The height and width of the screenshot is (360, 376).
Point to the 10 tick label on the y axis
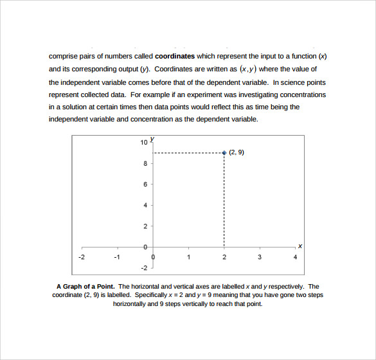point(144,142)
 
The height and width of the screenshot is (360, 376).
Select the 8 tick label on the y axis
point(145,163)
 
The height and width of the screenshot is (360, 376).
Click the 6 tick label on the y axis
point(145,184)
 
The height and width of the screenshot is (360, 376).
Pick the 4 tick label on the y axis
point(145,205)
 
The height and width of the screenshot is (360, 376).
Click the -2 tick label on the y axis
point(144,267)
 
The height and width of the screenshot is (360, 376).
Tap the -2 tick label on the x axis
point(81,257)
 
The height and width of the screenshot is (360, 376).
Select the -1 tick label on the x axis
point(116,257)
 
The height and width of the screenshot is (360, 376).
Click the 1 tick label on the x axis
point(188,257)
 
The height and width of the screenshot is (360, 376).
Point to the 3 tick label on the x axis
point(260,257)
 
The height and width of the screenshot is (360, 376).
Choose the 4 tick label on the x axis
point(295,257)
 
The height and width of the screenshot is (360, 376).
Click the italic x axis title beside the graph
point(300,246)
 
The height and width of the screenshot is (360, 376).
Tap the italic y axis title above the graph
point(152,138)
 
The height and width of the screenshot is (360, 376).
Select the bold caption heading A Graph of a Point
point(86,287)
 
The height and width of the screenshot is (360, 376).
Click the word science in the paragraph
point(292,82)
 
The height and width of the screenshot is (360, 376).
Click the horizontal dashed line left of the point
point(188,153)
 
